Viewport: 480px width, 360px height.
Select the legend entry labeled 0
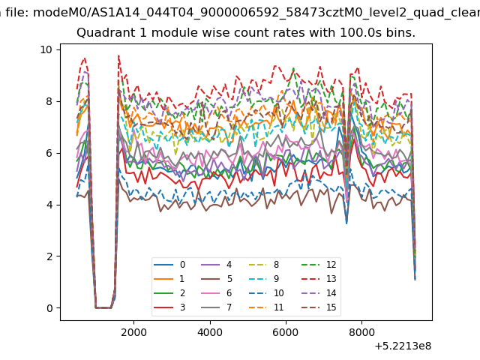point(169,265)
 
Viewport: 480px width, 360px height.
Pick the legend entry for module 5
point(217,279)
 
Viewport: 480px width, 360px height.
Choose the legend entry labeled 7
point(217,307)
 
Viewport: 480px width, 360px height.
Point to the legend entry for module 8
point(264,265)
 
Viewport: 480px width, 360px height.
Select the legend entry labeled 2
point(169,293)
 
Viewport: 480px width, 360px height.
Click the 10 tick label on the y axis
point(46,49)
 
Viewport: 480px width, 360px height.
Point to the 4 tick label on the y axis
point(49,205)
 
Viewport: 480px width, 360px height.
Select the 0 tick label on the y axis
point(49,308)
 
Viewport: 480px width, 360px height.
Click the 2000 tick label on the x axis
point(133,332)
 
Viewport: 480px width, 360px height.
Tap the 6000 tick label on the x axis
point(286,332)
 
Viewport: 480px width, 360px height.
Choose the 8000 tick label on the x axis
point(361,332)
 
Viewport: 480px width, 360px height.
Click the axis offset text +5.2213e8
point(403,346)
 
